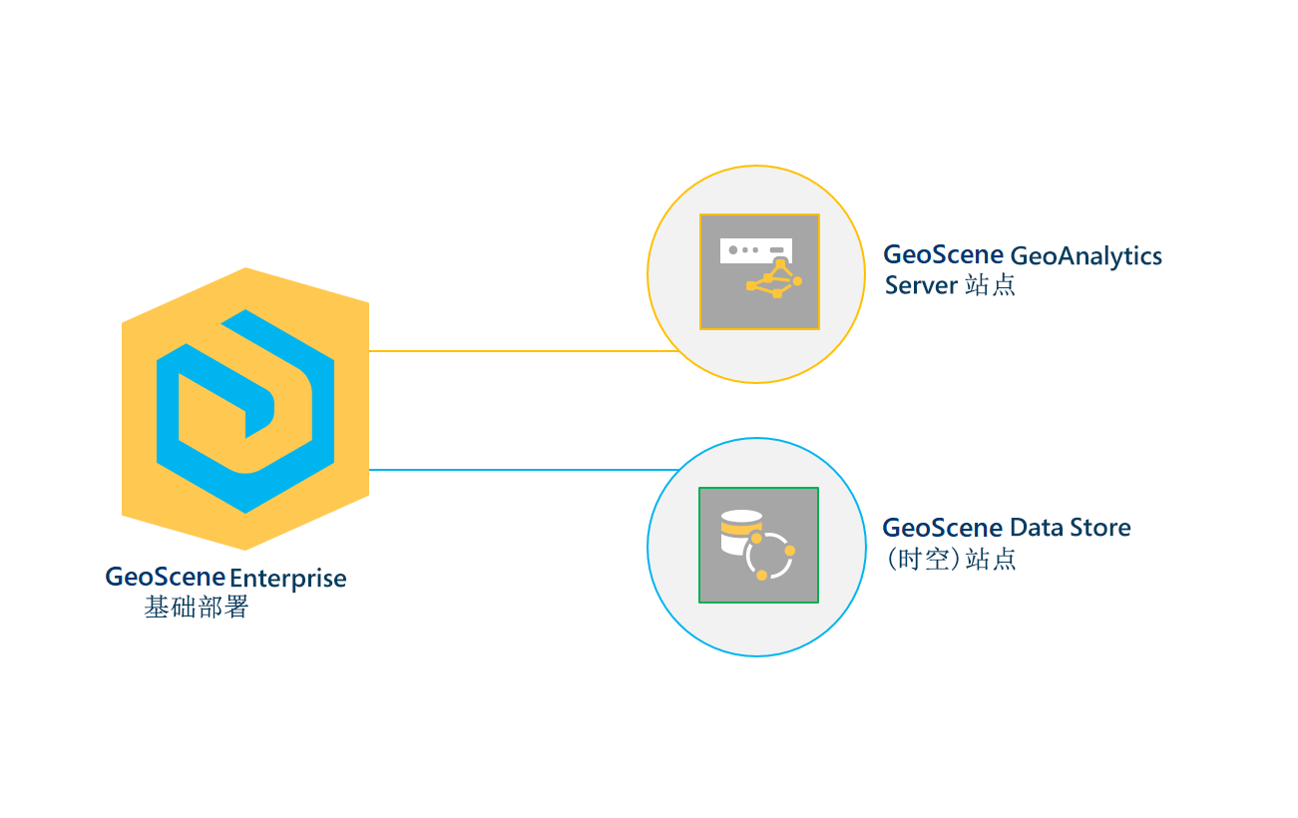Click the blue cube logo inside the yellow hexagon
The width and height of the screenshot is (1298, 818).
point(245,409)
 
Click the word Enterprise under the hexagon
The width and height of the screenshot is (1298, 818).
point(288,579)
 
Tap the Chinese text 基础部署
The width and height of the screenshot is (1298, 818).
point(196,607)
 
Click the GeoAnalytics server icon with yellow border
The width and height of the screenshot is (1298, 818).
point(759,271)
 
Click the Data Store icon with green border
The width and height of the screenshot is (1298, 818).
point(758,545)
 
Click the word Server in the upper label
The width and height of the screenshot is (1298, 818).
point(920,285)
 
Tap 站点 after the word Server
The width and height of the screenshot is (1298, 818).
point(990,285)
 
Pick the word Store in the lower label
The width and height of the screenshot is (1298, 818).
point(1100,528)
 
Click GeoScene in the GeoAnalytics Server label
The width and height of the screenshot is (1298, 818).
point(943,255)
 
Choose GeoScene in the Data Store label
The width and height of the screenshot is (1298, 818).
point(943,528)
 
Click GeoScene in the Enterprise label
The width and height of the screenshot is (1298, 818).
point(165,578)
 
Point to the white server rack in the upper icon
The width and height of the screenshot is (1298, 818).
point(755,249)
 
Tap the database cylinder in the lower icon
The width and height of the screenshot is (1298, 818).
point(739,533)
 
